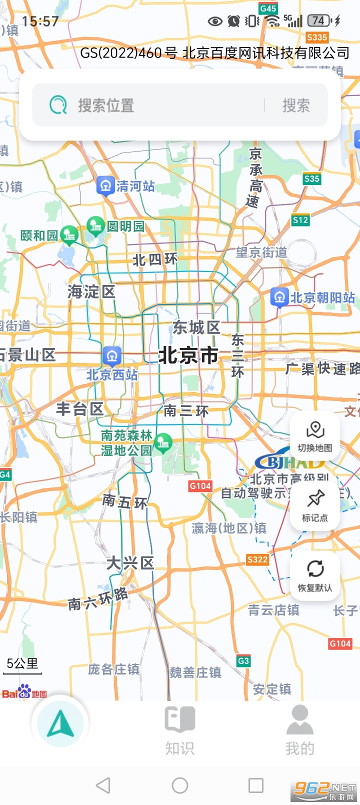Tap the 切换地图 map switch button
[315, 435]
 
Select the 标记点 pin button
[315, 505]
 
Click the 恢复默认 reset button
[315, 575]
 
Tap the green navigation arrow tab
[60, 723]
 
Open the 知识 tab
[180, 730]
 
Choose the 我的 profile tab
[299, 730]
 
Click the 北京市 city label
[188, 355]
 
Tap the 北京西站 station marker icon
[112, 355]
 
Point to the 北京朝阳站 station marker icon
[279, 297]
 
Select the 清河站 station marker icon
[105, 186]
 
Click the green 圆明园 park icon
[95, 225]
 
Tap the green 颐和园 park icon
[69, 234]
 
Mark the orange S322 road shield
[257, 559]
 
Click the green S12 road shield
[300, 220]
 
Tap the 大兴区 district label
[130, 563]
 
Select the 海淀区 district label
[91, 292]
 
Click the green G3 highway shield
[243, 661]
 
